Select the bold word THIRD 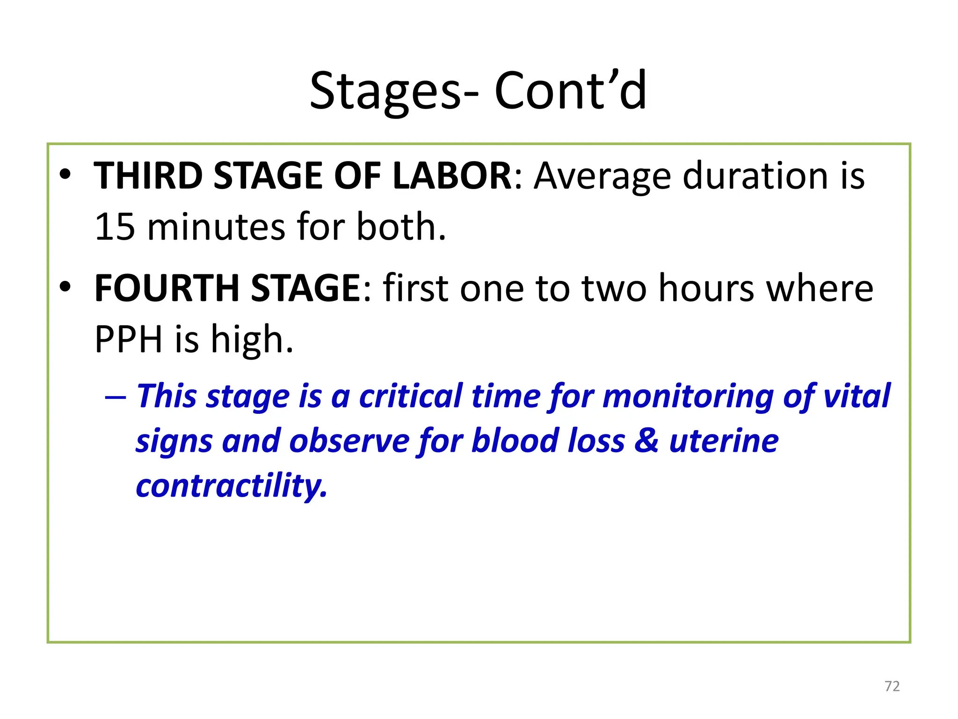(x=148, y=176)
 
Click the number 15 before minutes (x=115, y=227)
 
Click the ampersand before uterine (x=646, y=441)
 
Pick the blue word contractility (x=232, y=486)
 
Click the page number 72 (x=892, y=686)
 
